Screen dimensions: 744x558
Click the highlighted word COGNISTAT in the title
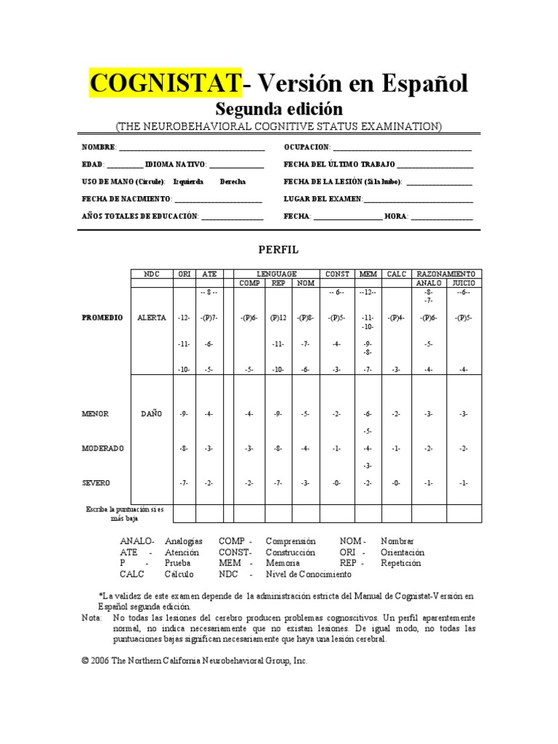click(x=165, y=84)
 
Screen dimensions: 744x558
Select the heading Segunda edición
click(x=279, y=109)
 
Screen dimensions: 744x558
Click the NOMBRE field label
click(x=98, y=147)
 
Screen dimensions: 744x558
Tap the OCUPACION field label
click(x=306, y=147)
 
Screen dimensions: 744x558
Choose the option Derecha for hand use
click(x=232, y=182)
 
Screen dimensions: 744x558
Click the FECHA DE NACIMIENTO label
click(x=126, y=199)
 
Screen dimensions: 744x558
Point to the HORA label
click(x=395, y=217)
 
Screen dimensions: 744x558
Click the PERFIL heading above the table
click(x=278, y=250)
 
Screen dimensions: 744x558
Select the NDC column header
click(x=151, y=274)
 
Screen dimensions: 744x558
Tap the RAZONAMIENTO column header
click(x=446, y=274)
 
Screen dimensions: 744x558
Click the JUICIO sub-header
click(x=464, y=283)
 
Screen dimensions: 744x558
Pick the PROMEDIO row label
click(x=102, y=318)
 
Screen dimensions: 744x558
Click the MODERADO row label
click(x=102, y=449)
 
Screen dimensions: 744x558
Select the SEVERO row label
click(x=96, y=483)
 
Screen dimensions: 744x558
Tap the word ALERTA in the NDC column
click(x=151, y=318)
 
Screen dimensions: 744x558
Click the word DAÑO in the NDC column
click(x=151, y=414)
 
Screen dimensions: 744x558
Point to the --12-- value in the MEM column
click(x=368, y=292)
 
